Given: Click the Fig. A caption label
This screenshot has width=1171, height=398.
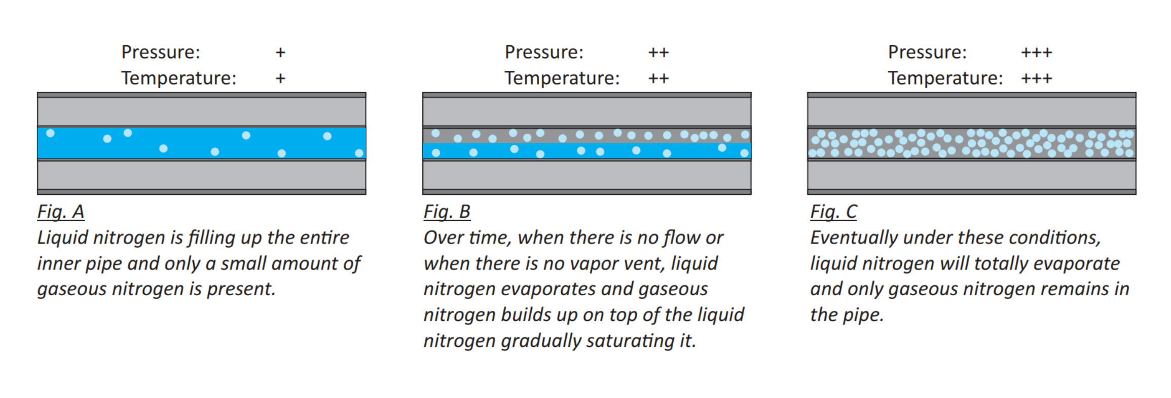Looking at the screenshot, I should click(61, 212).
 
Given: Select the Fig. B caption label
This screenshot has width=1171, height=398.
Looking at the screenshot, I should click(447, 212).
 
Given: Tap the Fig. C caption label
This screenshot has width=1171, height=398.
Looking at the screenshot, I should click(833, 212).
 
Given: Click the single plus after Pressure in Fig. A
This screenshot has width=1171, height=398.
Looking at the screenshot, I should click(280, 53).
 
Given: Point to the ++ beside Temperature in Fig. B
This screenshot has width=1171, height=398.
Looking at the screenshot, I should click(658, 78).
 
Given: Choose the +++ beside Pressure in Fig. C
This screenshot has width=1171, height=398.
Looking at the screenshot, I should click(1036, 53).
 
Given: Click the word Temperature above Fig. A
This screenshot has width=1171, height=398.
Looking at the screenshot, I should click(178, 78).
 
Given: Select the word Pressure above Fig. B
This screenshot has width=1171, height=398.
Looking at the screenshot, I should click(544, 53).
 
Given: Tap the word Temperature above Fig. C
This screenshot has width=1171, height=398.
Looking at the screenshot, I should click(945, 78).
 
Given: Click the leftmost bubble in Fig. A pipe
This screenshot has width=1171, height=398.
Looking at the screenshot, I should click(50, 133).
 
